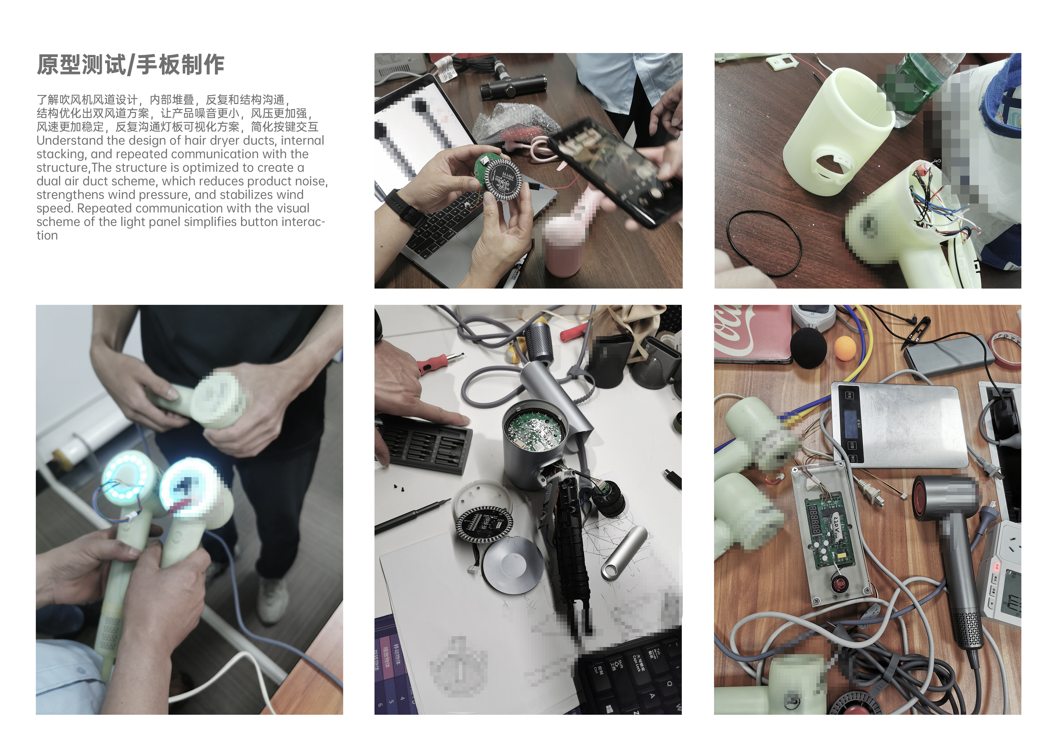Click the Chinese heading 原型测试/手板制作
pyautogui.click(x=130, y=64)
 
